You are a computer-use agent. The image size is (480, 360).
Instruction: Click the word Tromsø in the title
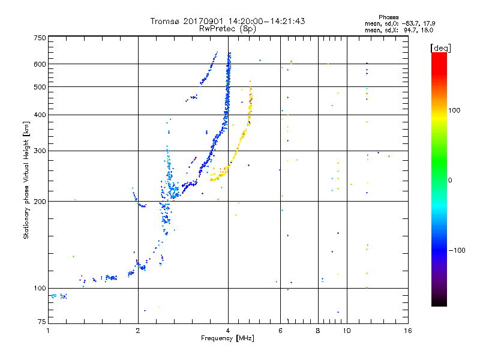(164, 21)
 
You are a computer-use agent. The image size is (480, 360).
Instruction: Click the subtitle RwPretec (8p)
(227, 29)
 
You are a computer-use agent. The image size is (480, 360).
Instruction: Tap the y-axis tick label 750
(40, 38)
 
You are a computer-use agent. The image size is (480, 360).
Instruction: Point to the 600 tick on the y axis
(40, 64)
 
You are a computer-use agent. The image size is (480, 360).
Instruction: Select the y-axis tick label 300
(40, 151)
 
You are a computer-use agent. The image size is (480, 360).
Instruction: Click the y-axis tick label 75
(42, 322)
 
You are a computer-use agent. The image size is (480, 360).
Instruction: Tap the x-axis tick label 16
(408, 331)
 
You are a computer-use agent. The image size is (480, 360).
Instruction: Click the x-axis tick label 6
(280, 331)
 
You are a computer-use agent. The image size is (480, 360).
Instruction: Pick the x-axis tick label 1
(48, 331)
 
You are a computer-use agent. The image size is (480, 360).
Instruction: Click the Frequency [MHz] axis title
(227, 338)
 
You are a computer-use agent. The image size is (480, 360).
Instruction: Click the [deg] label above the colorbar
(440, 48)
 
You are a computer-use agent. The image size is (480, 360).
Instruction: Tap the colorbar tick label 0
(450, 180)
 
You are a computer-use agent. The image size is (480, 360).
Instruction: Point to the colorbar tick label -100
(457, 250)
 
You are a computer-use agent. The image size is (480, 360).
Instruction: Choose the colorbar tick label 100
(454, 110)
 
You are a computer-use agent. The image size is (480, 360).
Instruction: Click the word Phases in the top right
(388, 17)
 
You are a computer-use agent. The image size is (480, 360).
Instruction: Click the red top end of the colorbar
(439, 54)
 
